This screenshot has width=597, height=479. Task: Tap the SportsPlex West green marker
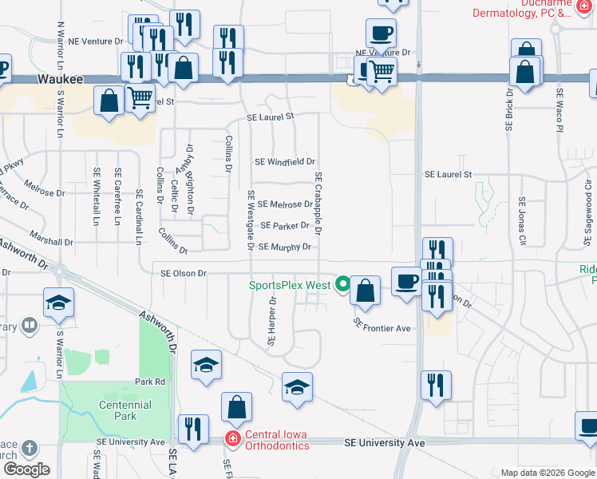343,283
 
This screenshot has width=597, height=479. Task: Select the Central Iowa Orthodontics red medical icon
232,438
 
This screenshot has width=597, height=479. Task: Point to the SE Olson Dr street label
184,273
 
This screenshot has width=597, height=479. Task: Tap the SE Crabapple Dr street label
318,204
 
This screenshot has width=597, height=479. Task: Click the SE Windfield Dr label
285,161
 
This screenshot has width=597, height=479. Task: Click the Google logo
26,469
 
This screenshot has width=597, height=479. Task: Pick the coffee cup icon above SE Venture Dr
381,34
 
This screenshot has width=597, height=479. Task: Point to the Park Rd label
149,382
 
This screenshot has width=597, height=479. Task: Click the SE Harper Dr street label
272,322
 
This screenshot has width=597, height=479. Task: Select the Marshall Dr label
53,241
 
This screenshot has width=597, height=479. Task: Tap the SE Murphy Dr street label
284,247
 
